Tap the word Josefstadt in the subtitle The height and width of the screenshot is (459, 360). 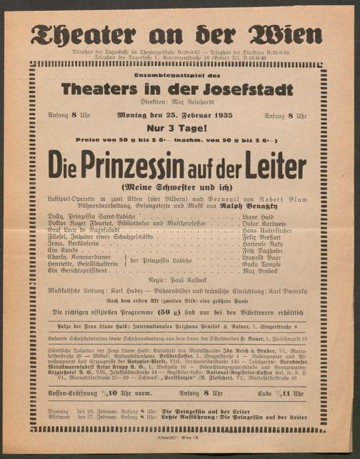coord(234,89)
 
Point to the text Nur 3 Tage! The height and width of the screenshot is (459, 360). coord(176,127)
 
